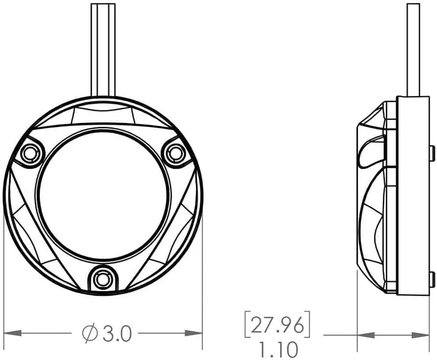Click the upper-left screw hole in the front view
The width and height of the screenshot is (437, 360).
pos(29,153)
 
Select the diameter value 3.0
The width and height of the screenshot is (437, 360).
pos(117,333)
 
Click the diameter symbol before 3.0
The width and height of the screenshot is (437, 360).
pos(89,333)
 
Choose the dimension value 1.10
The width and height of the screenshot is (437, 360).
pos(278,349)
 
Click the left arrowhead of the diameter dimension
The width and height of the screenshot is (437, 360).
pos(13,333)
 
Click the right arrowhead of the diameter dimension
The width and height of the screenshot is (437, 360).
pos(193,333)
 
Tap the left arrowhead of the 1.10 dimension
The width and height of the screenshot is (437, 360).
pos(366,335)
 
